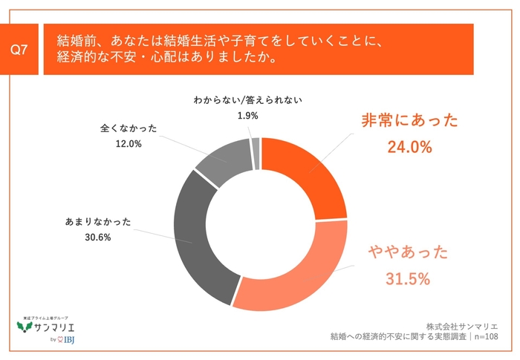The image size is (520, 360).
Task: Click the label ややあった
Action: click(x=409, y=253)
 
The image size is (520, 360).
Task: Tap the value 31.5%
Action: click(x=409, y=279)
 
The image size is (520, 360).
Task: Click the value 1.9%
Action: click(x=247, y=115)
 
